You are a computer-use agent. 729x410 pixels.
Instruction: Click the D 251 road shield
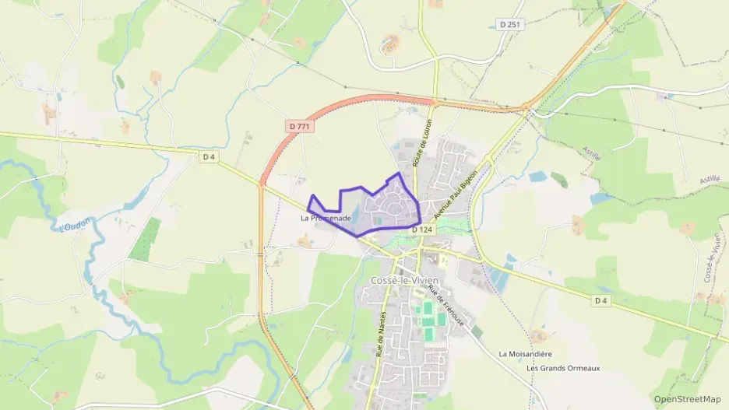pyautogui.click(x=510, y=25)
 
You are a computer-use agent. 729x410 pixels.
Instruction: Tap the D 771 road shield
pyautogui.click(x=297, y=124)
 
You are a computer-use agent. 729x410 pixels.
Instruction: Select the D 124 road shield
pyautogui.click(x=421, y=230)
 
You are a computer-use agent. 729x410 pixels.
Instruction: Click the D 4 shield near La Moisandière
pyautogui.click(x=600, y=300)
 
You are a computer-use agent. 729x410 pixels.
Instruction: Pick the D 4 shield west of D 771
pyautogui.click(x=208, y=156)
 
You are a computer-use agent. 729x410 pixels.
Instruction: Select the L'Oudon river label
pyautogui.click(x=76, y=226)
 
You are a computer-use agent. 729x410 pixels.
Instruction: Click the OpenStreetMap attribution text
pyautogui.click(x=687, y=399)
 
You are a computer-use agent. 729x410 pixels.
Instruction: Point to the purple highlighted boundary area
pyautogui.click(x=389, y=204)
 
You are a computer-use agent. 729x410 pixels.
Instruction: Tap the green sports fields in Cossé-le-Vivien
pyautogui.click(x=428, y=320)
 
